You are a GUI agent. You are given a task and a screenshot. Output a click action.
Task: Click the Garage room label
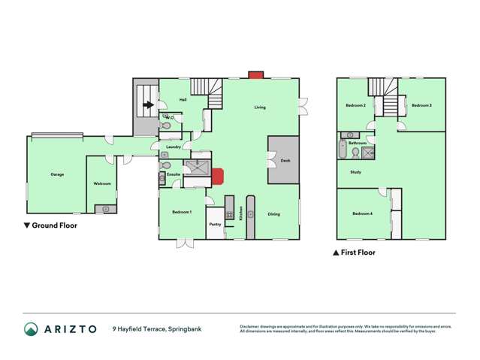pos(57,174)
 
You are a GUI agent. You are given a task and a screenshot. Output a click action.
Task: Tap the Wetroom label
pos(102,183)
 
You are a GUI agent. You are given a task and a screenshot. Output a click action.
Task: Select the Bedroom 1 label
pos(182,212)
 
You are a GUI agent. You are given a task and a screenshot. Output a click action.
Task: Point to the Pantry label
pos(215,223)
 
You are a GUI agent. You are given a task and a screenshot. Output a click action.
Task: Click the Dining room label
pos(273,214)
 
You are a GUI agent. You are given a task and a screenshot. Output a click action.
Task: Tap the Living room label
pos(259,107)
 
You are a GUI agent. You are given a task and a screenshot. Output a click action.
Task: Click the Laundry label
pos(174,147)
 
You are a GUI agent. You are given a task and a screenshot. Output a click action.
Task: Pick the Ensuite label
pos(174,174)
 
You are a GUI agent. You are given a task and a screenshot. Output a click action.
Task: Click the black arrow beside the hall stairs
pos(149,106)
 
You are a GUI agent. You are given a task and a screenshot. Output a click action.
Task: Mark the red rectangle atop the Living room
pos(255,75)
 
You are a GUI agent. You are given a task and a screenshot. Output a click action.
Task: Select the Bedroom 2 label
pos(355,105)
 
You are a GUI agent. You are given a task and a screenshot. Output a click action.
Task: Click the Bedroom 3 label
pos(421,105)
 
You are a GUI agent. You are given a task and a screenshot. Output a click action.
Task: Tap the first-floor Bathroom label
pos(358,143)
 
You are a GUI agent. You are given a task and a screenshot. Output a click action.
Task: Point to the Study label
pos(356,172)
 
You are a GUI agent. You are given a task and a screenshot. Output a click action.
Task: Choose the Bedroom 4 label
pos(362,214)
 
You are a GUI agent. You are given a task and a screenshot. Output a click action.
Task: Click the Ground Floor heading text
pos(55,225)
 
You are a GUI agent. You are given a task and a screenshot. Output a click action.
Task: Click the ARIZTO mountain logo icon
pos(31,328)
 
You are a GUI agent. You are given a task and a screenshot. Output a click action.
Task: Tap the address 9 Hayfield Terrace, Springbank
pos(157,328)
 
